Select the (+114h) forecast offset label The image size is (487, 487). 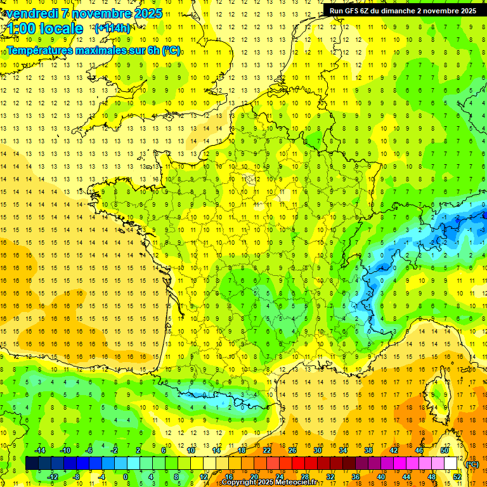point(112,29)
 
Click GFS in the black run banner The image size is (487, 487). point(357,11)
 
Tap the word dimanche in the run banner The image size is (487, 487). point(404,11)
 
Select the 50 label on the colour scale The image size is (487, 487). point(445,450)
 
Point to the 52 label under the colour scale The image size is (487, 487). point(457,477)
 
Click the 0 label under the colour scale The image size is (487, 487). point(126,477)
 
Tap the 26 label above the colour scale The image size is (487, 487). point(292,450)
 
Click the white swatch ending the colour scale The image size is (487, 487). point(451,464)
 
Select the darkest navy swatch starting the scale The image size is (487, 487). point(32,464)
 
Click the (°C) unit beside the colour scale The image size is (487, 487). point(472,464)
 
